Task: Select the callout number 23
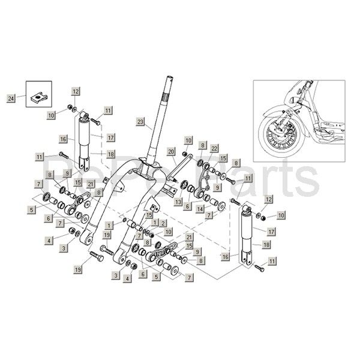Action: coord(140,122)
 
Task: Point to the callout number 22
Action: coord(214,147)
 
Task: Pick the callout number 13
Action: coord(178,203)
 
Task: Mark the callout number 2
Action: coord(163,223)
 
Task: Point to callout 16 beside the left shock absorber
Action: coord(62,139)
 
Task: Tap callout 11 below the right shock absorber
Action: coord(274,262)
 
